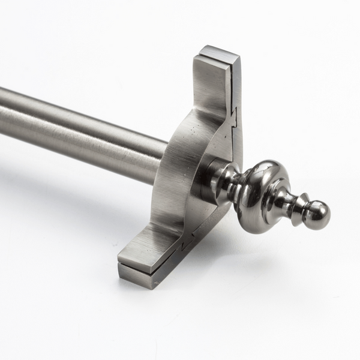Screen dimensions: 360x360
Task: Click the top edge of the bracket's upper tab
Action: coord(219,51)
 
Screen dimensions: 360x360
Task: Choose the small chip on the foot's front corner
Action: coord(121,265)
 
